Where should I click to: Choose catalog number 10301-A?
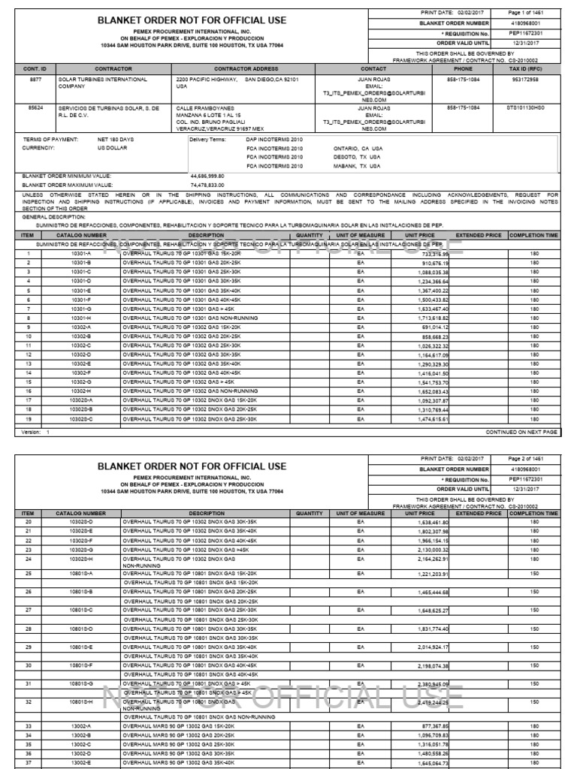pos(80,255)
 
